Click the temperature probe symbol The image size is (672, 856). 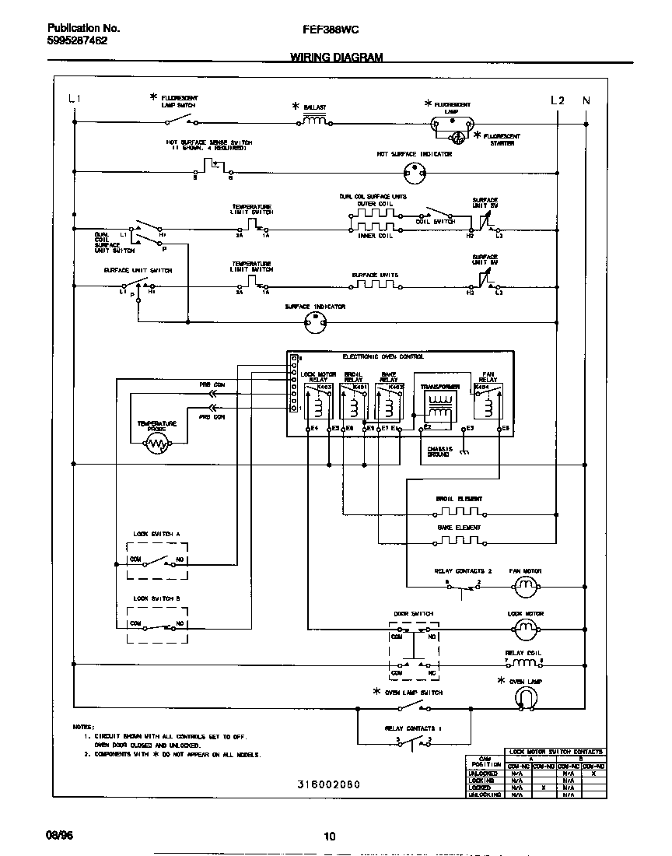[x=158, y=444]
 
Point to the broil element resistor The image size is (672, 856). [x=459, y=513]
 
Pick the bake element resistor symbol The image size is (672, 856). [x=459, y=542]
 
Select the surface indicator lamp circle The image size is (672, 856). [x=315, y=326]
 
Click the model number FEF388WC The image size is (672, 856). [x=329, y=28]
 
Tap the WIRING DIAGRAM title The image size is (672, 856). [x=336, y=57]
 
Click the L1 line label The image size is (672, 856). [x=75, y=99]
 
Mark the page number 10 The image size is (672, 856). [x=329, y=837]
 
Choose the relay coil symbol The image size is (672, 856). [x=523, y=663]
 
